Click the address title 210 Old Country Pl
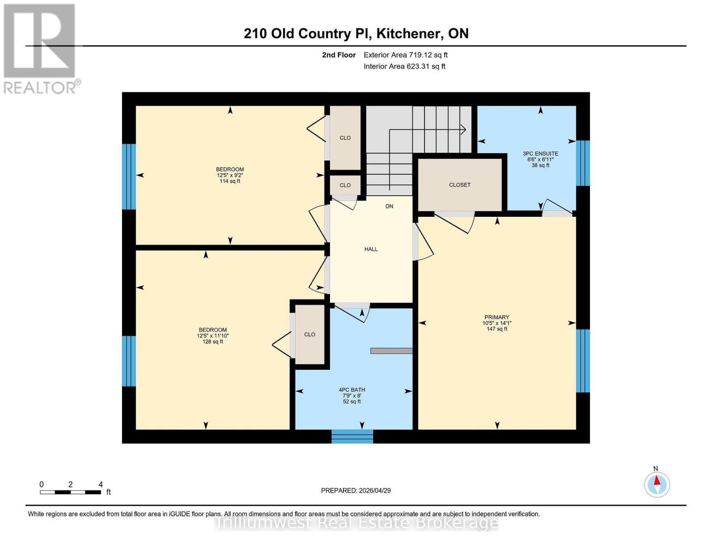click(356, 33)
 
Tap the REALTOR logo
click(40, 49)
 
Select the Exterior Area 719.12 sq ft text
click(405, 55)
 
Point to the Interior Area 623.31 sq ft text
click(404, 66)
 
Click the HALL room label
click(371, 249)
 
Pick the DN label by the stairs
click(389, 206)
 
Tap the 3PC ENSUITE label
click(540, 159)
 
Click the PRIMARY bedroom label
click(497, 323)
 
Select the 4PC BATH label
click(352, 396)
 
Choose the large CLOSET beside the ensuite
click(460, 185)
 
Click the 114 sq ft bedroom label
click(230, 175)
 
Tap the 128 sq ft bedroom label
click(213, 335)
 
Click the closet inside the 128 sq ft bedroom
click(309, 335)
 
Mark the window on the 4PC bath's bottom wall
click(352, 436)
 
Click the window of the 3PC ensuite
click(583, 163)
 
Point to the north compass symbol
click(657, 484)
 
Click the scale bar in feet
click(70, 492)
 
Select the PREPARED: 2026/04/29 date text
click(356, 490)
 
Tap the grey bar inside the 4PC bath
click(391, 351)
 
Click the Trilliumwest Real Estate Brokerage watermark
click(357, 522)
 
